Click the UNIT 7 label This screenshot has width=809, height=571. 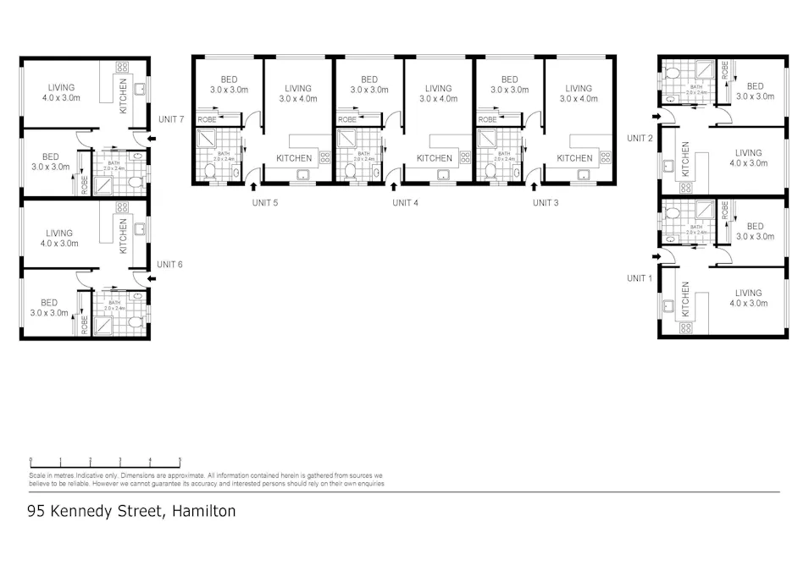click(x=170, y=119)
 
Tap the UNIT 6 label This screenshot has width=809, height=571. click(x=169, y=265)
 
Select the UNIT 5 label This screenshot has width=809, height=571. click(x=265, y=203)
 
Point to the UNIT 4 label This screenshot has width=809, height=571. click(x=406, y=203)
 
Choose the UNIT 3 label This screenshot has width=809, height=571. click(x=546, y=203)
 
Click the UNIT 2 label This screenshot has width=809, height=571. click(x=640, y=138)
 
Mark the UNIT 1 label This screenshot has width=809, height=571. click(x=640, y=278)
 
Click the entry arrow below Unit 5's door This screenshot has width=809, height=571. click(x=254, y=188)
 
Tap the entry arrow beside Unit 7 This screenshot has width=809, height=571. click(x=152, y=138)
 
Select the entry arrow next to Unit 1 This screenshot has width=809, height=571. click(x=656, y=256)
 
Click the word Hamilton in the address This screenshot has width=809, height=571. click(x=203, y=511)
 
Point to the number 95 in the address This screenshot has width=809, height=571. click(x=36, y=511)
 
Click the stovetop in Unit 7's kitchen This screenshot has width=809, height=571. click(x=121, y=67)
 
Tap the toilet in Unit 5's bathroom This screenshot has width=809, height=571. click(x=209, y=172)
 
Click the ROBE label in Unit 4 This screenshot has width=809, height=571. click(x=347, y=120)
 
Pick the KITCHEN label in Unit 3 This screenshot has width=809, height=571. click(x=574, y=158)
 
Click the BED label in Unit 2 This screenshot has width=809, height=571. click(x=754, y=86)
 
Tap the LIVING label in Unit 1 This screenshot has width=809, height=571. click(x=748, y=293)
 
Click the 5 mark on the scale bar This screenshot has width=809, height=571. click(x=180, y=461)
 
